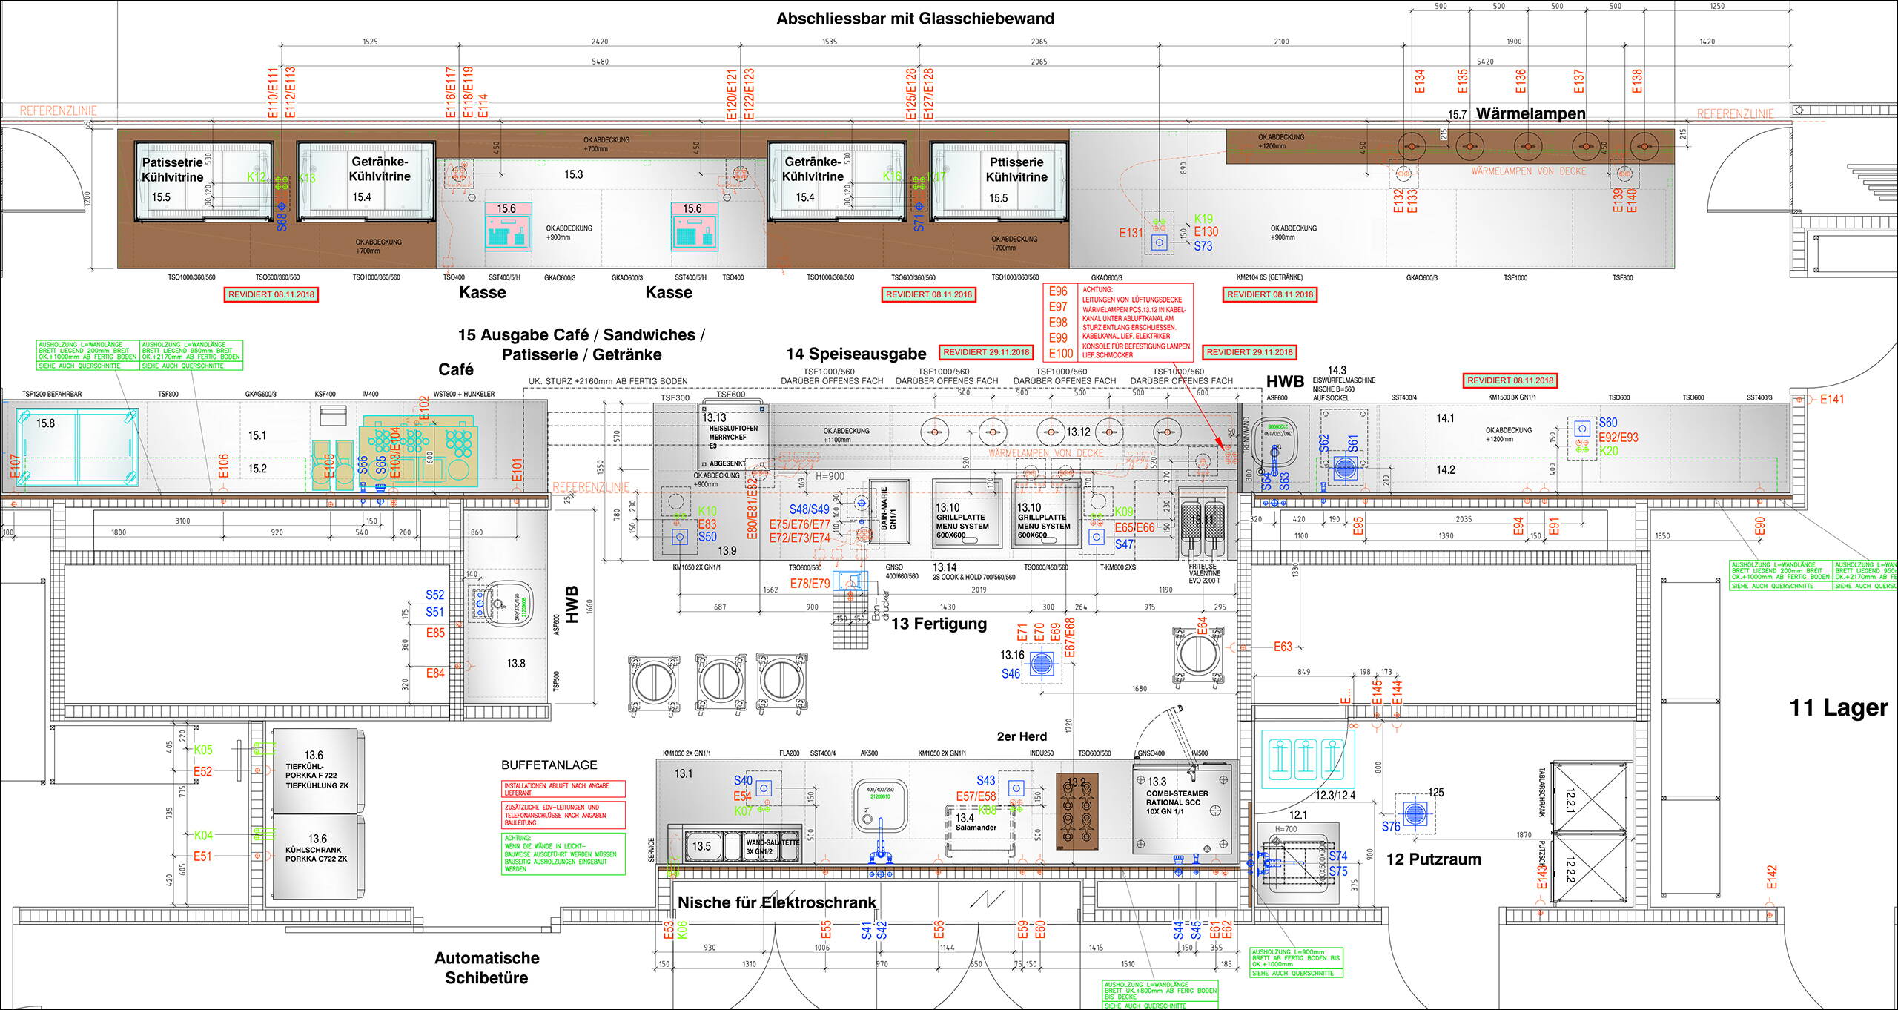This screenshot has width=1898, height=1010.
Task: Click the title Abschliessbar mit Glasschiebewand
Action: (915, 19)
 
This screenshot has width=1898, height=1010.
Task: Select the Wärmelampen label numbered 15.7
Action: (1530, 113)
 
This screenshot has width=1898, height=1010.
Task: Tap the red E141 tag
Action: (1832, 400)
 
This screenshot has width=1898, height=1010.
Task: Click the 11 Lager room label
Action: (1839, 707)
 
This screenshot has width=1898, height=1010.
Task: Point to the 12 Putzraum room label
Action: (1433, 859)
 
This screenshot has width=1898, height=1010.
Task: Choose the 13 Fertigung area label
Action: (939, 624)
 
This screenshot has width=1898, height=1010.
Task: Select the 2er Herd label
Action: (1022, 736)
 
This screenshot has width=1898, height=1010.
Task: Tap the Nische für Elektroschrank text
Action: (777, 902)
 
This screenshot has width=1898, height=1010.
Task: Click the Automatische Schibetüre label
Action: (487, 968)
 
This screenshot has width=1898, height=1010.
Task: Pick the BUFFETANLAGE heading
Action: (549, 765)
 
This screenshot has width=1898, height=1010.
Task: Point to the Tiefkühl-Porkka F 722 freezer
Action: (317, 771)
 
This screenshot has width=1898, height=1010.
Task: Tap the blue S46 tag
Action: (1011, 674)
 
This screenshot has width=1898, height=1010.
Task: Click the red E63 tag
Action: (1283, 647)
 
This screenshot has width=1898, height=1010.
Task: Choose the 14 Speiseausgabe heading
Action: (856, 354)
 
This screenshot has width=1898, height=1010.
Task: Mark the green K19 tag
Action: (1203, 219)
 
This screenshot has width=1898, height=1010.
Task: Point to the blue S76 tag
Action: (1390, 826)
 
